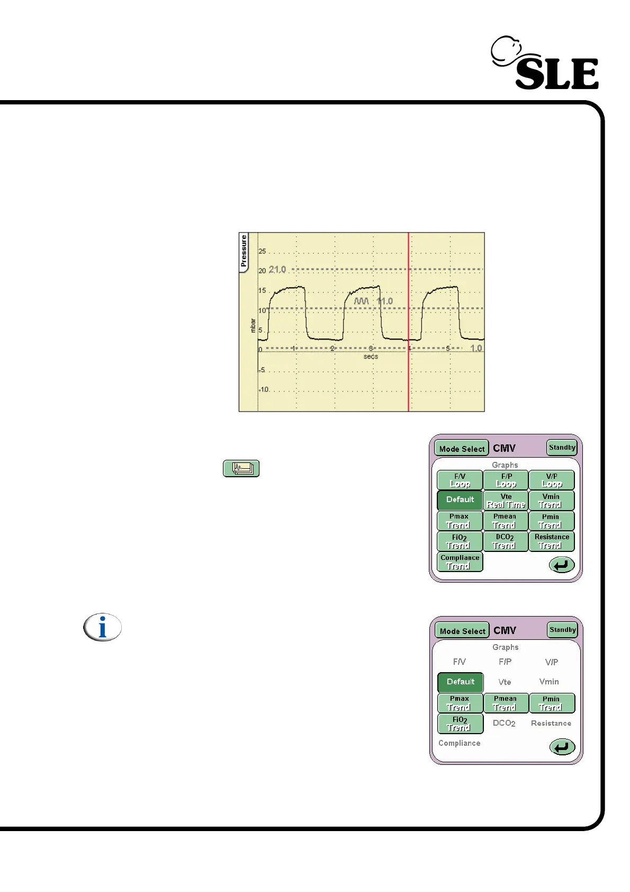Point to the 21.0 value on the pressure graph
[277, 270]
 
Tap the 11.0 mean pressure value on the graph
[385, 301]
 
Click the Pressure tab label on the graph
[244, 252]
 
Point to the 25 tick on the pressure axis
[262, 251]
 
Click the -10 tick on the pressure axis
[264, 389]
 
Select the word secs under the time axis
[371, 356]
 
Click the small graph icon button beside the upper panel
[241, 468]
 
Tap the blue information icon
[103, 628]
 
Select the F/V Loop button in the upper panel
[460, 480]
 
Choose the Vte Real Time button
[506, 501]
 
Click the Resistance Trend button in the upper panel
[552, 541]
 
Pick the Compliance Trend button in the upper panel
[460, 562]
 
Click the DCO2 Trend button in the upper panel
[506, 541]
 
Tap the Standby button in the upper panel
[562, 448]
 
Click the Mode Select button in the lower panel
[462, 631]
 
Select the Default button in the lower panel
[460, 682]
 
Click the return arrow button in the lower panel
[562, 747]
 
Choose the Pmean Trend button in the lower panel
[506, 703]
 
